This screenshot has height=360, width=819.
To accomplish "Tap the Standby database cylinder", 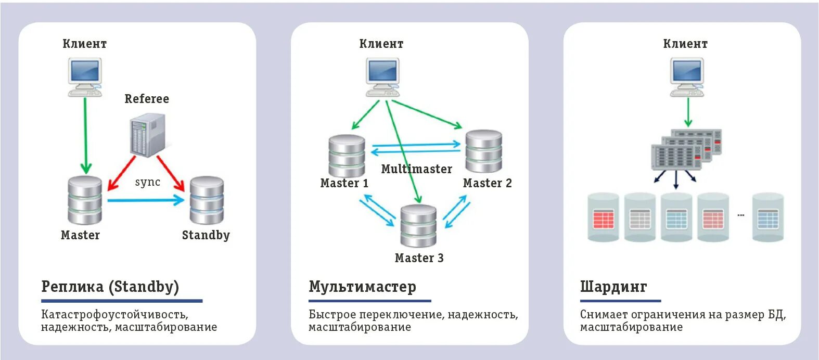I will (x=207, y=201).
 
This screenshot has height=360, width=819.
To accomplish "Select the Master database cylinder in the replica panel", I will (x=85, y=201).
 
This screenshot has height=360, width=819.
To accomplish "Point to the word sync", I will (x=148, y=182).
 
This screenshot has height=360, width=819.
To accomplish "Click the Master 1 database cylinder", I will (x=347, y=156).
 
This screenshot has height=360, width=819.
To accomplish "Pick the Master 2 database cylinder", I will (x=483, y=151).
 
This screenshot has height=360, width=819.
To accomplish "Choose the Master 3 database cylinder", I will (x=418, y=226).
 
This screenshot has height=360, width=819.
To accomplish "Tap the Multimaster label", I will (x=416, y=169).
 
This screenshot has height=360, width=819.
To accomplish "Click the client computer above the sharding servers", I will (x=687, y=77).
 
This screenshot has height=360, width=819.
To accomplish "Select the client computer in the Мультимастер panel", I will (x=382, y=77).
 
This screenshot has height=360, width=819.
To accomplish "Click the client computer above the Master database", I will (x=85, y=77).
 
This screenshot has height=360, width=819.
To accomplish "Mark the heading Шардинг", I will (x=613, y=287).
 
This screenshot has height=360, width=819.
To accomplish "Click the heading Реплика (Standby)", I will (x=110, y=287).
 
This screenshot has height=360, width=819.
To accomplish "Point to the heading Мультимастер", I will (x=362, y=287).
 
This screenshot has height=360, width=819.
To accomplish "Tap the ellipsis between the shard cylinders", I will (x=741, y=215).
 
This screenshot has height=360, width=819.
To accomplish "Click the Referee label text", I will (x=147, y=99).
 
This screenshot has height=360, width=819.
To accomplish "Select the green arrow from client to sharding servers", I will (x=688, y=112).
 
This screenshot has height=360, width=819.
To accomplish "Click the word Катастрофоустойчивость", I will (x=114, y=314).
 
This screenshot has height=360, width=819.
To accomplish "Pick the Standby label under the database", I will (x=206, y=235).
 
